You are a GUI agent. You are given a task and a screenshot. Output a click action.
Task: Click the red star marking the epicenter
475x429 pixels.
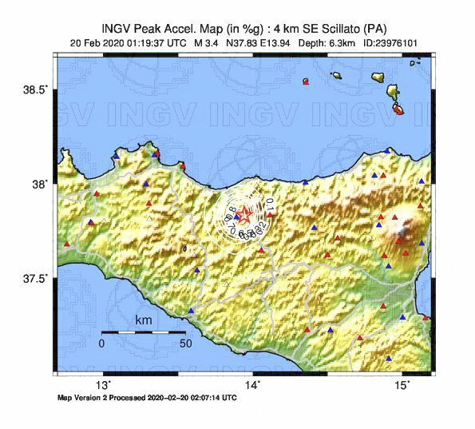pos(247,216)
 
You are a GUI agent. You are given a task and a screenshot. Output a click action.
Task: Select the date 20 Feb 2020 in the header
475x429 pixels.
pos(94,42)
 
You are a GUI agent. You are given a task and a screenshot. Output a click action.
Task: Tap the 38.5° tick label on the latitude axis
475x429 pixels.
pos(35,89)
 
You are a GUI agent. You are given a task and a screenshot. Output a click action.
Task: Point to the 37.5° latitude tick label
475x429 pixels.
pos(35,279)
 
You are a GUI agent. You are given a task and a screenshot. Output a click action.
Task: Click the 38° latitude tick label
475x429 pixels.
pos(39,184)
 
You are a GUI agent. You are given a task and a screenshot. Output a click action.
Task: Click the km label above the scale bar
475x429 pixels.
pos(144,320)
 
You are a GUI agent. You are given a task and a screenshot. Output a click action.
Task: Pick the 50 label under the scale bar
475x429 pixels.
pos(186,344)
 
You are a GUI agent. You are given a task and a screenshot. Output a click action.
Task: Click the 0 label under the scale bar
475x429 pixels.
pos(101,344)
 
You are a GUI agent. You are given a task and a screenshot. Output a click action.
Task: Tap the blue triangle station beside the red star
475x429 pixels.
pos(236,216)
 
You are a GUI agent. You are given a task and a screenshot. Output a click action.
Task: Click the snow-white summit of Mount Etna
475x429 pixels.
pos(398,238)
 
